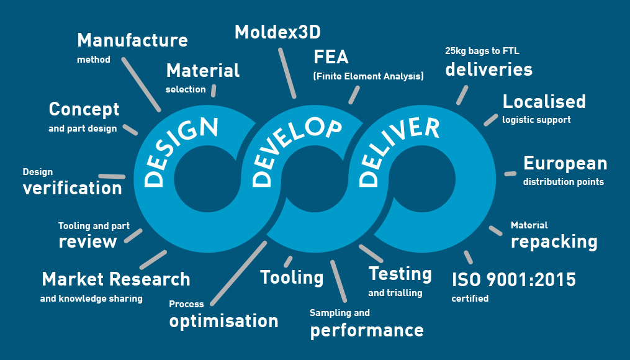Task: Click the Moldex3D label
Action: coord(277,32)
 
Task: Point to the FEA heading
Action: coord(331,58)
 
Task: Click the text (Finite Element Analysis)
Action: coord(368,76)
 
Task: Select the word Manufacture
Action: coord(132,40)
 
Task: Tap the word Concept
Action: coord(84,109)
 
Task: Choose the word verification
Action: coord(72,188)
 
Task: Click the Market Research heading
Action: coord(115,279)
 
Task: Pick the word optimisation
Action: coord(223,321)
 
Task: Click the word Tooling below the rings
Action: coord(292,277)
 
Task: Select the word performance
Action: coord(367,330)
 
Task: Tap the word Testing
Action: coord(400,274)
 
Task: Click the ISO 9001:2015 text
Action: coord(513,280)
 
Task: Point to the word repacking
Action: coord(554,241)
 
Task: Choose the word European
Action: coord(565,163)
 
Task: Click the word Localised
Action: coord(544,101)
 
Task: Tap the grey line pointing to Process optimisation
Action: coord(238,273)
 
